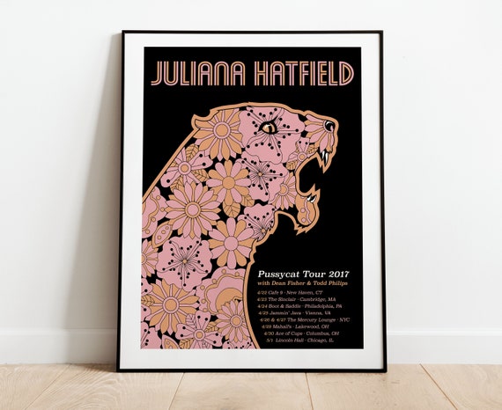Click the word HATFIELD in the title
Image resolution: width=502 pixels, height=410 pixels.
299,75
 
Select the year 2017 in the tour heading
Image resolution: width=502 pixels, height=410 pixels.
333,272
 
